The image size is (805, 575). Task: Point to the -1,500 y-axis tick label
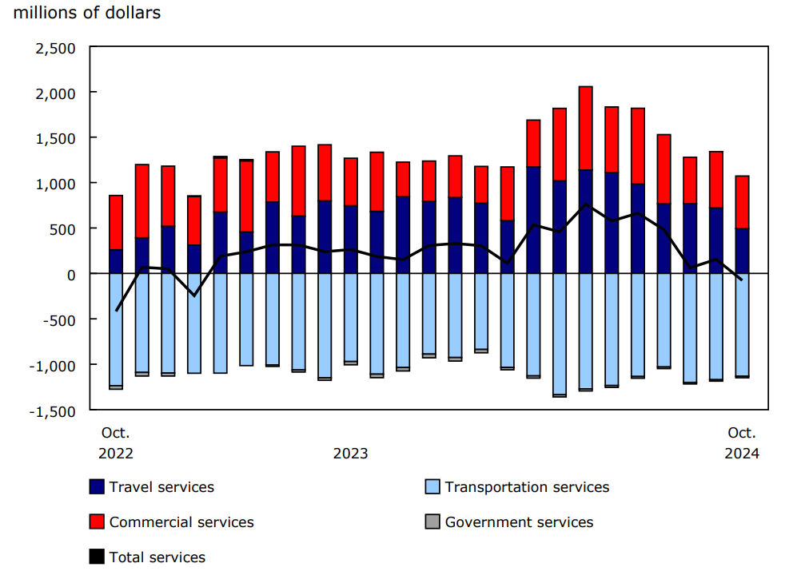click(53, 410)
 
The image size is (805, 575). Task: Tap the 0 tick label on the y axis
click(71, 274)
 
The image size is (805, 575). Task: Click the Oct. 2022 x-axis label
click(116, 443)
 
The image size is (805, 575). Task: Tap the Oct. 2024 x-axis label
click(742, 443)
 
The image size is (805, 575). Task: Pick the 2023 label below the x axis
click(351, 454)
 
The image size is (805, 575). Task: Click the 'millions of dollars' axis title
click(87, 14)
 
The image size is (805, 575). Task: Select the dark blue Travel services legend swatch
click(97, 487)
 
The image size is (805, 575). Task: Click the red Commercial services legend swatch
click(97, 522)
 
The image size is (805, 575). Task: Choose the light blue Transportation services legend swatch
click(432, 487)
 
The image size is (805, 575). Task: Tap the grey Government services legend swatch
click(432, 522)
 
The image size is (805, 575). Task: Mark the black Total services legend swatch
click(97, 557)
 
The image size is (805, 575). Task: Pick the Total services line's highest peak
click(585, 204)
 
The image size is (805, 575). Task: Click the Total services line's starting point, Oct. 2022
click(117, 310)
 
